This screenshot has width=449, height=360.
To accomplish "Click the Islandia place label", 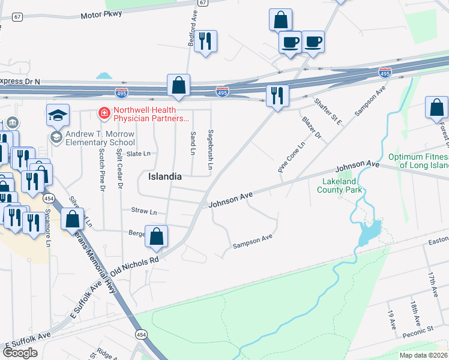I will [165, 177].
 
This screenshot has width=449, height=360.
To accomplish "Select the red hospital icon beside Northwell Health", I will [104, 112].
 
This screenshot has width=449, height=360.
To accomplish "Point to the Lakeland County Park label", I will [339, 185].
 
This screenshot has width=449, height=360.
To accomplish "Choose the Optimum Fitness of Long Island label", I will [418, 161].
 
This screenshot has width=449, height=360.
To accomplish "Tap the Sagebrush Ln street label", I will [210, 149].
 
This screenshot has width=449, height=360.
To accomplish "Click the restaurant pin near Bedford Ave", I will [205, 41].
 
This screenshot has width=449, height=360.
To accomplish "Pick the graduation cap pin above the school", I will [58, 114].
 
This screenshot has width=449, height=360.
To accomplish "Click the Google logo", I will [20, 353].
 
